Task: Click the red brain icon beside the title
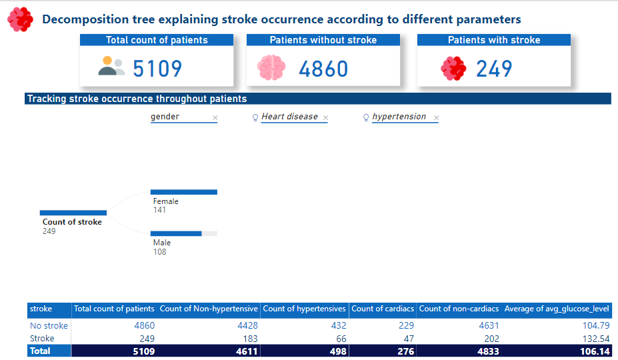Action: coord(20,19)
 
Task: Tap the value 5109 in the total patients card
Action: coord(157,69)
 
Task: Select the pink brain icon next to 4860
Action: coord(271,68)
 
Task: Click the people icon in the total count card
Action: coord(111,66)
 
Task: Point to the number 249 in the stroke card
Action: coord(494,69)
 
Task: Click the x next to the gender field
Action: coord(215,118)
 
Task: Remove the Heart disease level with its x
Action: coord(325,118)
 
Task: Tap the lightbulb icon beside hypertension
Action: coord(366,117)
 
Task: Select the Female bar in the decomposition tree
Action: coord(184,192)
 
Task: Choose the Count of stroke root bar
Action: coord(73,213)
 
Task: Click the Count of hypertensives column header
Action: coord(305,309)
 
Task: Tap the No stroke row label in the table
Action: coord(49,326)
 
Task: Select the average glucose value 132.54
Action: coord(596,338)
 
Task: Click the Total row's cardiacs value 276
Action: coord(405,351)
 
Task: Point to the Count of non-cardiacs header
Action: coord(459,309)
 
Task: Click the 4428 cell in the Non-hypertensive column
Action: coord(246,326)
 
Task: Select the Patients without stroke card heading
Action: coord(323,40)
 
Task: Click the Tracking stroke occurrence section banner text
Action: coord(137,99)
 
